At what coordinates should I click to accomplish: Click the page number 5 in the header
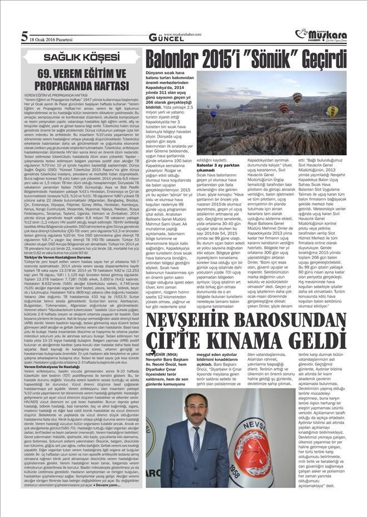tap(24, 37)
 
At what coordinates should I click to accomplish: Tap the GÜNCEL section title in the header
tap(162, 37)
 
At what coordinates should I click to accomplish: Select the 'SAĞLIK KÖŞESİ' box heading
tap(81, 57)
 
